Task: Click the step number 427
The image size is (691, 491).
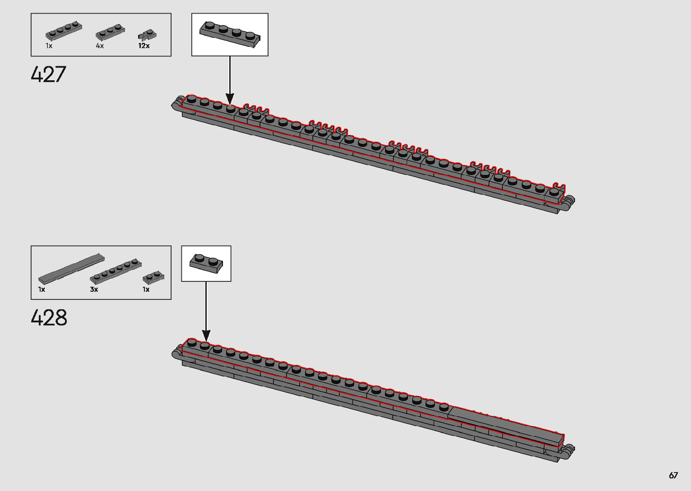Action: click(48, 74)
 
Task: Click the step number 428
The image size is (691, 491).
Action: click(49, 317)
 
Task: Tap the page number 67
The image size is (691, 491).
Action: click(673, 475)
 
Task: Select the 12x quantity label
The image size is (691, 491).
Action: click(144, 46)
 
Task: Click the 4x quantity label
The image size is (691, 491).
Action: click(100, 46)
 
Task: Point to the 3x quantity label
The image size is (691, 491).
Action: click(94, 289)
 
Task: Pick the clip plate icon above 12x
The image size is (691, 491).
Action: click(147, 35)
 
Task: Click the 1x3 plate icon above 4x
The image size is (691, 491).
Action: click(110, 32)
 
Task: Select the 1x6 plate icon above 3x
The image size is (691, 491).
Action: click(116, 271)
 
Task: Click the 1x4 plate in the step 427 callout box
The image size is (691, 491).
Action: click(230, 35)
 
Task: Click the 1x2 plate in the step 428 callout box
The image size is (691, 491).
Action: click(206, 263)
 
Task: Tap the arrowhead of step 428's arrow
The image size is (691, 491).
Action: click(206, 335)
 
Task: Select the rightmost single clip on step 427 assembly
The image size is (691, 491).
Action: click(558, 187)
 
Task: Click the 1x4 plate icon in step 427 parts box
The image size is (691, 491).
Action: click(64, 31)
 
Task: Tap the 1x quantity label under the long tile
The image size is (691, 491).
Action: click(42, 289)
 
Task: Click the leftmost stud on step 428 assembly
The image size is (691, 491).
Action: click(191, 342)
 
